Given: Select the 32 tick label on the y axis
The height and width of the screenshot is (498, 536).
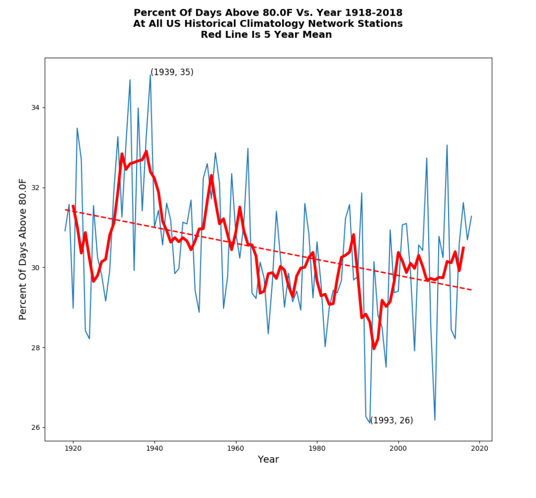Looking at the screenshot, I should (36, 188).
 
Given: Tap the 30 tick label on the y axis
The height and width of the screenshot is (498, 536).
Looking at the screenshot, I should (36, 267).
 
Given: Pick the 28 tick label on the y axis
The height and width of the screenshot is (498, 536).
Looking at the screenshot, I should (36, 348).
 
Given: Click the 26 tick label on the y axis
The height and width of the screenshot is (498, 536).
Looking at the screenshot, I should (36, 427).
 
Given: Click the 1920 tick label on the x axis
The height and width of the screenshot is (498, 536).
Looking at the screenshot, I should (73, 448).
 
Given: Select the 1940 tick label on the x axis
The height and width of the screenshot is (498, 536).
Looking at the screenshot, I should (154, 448).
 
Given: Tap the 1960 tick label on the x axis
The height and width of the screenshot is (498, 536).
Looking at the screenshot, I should (236, 448).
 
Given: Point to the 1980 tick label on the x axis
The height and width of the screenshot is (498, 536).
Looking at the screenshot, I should (317, 448).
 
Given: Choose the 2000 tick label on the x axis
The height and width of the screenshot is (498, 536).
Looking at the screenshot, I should (398, 448).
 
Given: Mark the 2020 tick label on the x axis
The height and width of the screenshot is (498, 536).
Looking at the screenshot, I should (479, 448).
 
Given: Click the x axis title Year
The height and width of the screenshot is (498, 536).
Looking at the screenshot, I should (268, 460).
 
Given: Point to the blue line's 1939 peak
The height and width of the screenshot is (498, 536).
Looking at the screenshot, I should (150, 75).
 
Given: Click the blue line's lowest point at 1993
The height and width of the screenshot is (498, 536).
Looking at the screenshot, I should (370, 423).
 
